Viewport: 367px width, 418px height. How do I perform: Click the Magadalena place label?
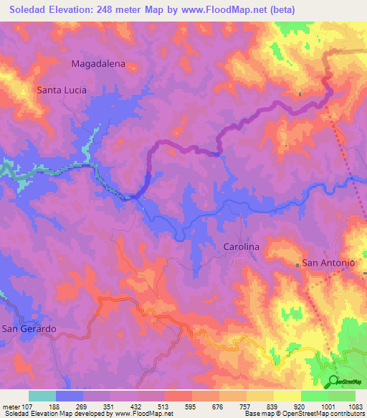click(98, 63)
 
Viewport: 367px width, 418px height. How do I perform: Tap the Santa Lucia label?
click(62, 90)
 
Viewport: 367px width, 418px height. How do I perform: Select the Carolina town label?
click(237, 246)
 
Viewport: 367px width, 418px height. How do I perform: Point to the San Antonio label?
click(328, 263)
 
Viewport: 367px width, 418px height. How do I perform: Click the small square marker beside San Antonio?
click(297, 264)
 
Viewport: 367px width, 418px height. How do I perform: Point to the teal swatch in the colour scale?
click(42, 396)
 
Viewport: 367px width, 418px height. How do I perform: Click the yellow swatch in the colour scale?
click(287, 396)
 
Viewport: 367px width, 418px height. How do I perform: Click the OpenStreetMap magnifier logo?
click(333, 381)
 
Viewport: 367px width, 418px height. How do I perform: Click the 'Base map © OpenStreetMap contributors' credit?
click(303, 414)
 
